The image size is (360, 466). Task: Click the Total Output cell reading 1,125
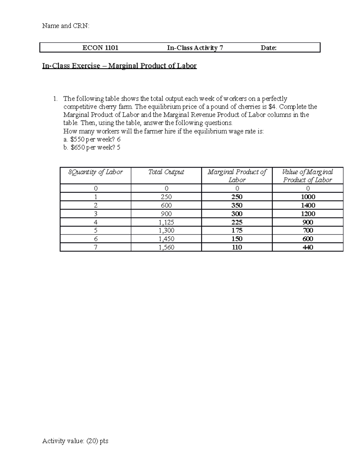pos(166,222)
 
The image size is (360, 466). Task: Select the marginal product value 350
pos(237,206)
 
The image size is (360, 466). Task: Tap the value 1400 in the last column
pos(308,206)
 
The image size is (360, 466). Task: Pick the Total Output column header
pos(166,172)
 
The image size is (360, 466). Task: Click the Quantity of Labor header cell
pos(95,172)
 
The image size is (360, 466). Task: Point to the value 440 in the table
pos(308,247)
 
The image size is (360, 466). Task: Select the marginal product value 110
pos(237,247)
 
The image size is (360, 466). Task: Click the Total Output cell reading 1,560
pos(166,247)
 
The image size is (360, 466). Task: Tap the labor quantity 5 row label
pos(95,230)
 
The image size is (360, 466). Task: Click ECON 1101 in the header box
pos(100,48)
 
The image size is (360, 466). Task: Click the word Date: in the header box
pos(268,48)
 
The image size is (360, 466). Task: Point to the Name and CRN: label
pos(66,26)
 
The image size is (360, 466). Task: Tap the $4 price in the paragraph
pos(272,107)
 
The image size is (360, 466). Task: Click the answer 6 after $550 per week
pos(119,140)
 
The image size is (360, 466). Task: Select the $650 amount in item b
pos(77,148)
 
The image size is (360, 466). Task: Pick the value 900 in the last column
pos(308,222)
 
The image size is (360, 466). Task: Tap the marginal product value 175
pos(237,230)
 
